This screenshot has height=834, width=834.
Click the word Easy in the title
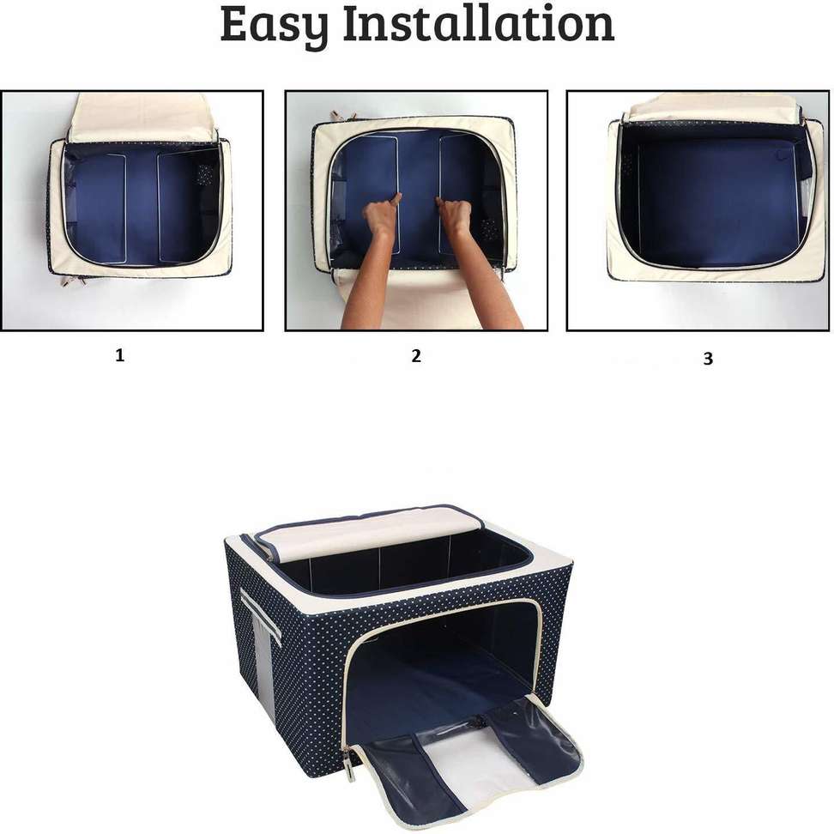[x=275, y=25]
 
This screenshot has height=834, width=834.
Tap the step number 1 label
[x=119, y=355]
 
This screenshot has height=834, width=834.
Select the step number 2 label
[x=416, y=356]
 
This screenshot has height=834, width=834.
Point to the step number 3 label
[x=708, y=360]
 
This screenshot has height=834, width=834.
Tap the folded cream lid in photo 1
[x=142, y=118]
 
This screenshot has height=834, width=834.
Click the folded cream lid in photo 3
[x=712, y=107]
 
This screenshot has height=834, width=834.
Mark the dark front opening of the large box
[x=438, y=661]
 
